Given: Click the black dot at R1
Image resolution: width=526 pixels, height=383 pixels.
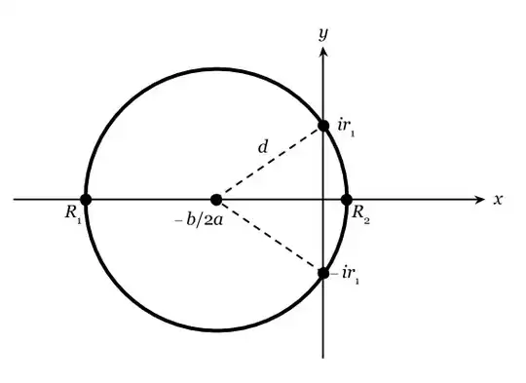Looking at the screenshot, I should (86, 200).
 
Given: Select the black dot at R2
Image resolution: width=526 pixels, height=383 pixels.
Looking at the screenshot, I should (346, 200).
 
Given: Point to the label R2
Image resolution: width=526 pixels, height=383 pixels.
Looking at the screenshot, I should (359, 212).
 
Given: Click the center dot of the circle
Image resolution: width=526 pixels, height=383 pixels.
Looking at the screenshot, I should (216, 200).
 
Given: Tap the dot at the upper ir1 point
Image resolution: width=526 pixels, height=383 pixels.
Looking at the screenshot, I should (323, 126).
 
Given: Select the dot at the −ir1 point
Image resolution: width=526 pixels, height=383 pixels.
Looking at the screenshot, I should (323, 273).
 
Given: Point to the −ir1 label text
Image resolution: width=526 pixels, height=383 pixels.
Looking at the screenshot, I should (346, 276).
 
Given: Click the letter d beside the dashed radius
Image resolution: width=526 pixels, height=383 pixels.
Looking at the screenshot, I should (263, 147).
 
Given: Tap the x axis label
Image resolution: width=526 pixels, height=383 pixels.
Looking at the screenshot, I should (498, 200).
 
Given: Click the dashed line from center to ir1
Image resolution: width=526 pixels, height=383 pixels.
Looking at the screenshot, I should (270, 163).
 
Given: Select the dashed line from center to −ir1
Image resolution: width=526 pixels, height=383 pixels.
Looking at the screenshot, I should (270, 237).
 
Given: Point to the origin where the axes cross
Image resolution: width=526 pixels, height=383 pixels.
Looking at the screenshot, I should (323, 200).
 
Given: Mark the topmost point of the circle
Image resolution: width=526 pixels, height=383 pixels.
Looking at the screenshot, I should (216, 68).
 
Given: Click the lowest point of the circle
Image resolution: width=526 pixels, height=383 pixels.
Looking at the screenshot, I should (216, 331).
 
